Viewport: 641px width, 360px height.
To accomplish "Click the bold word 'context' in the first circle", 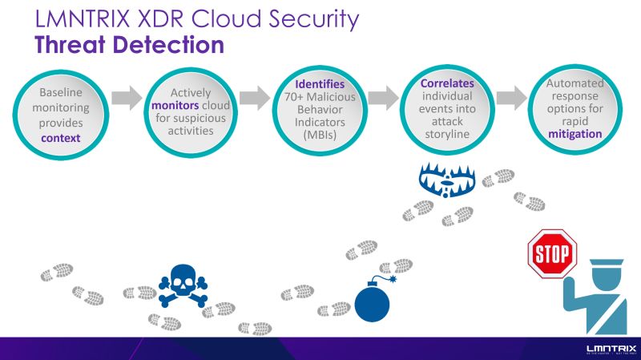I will point(62,138).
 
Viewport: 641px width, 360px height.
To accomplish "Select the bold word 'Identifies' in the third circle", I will point(320,84).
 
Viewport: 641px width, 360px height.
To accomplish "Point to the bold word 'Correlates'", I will point(447,83).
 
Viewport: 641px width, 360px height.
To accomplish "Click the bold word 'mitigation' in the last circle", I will point(574,134).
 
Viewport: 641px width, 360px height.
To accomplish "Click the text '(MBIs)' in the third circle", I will point(320,136).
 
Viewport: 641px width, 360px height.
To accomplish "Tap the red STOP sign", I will point(551,253).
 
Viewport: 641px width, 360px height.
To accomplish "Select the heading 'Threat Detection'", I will point(129,44).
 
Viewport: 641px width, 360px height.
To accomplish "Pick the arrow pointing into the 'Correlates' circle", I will point(383,98).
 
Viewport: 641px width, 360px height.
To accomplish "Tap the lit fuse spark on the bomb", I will point(394,281).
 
